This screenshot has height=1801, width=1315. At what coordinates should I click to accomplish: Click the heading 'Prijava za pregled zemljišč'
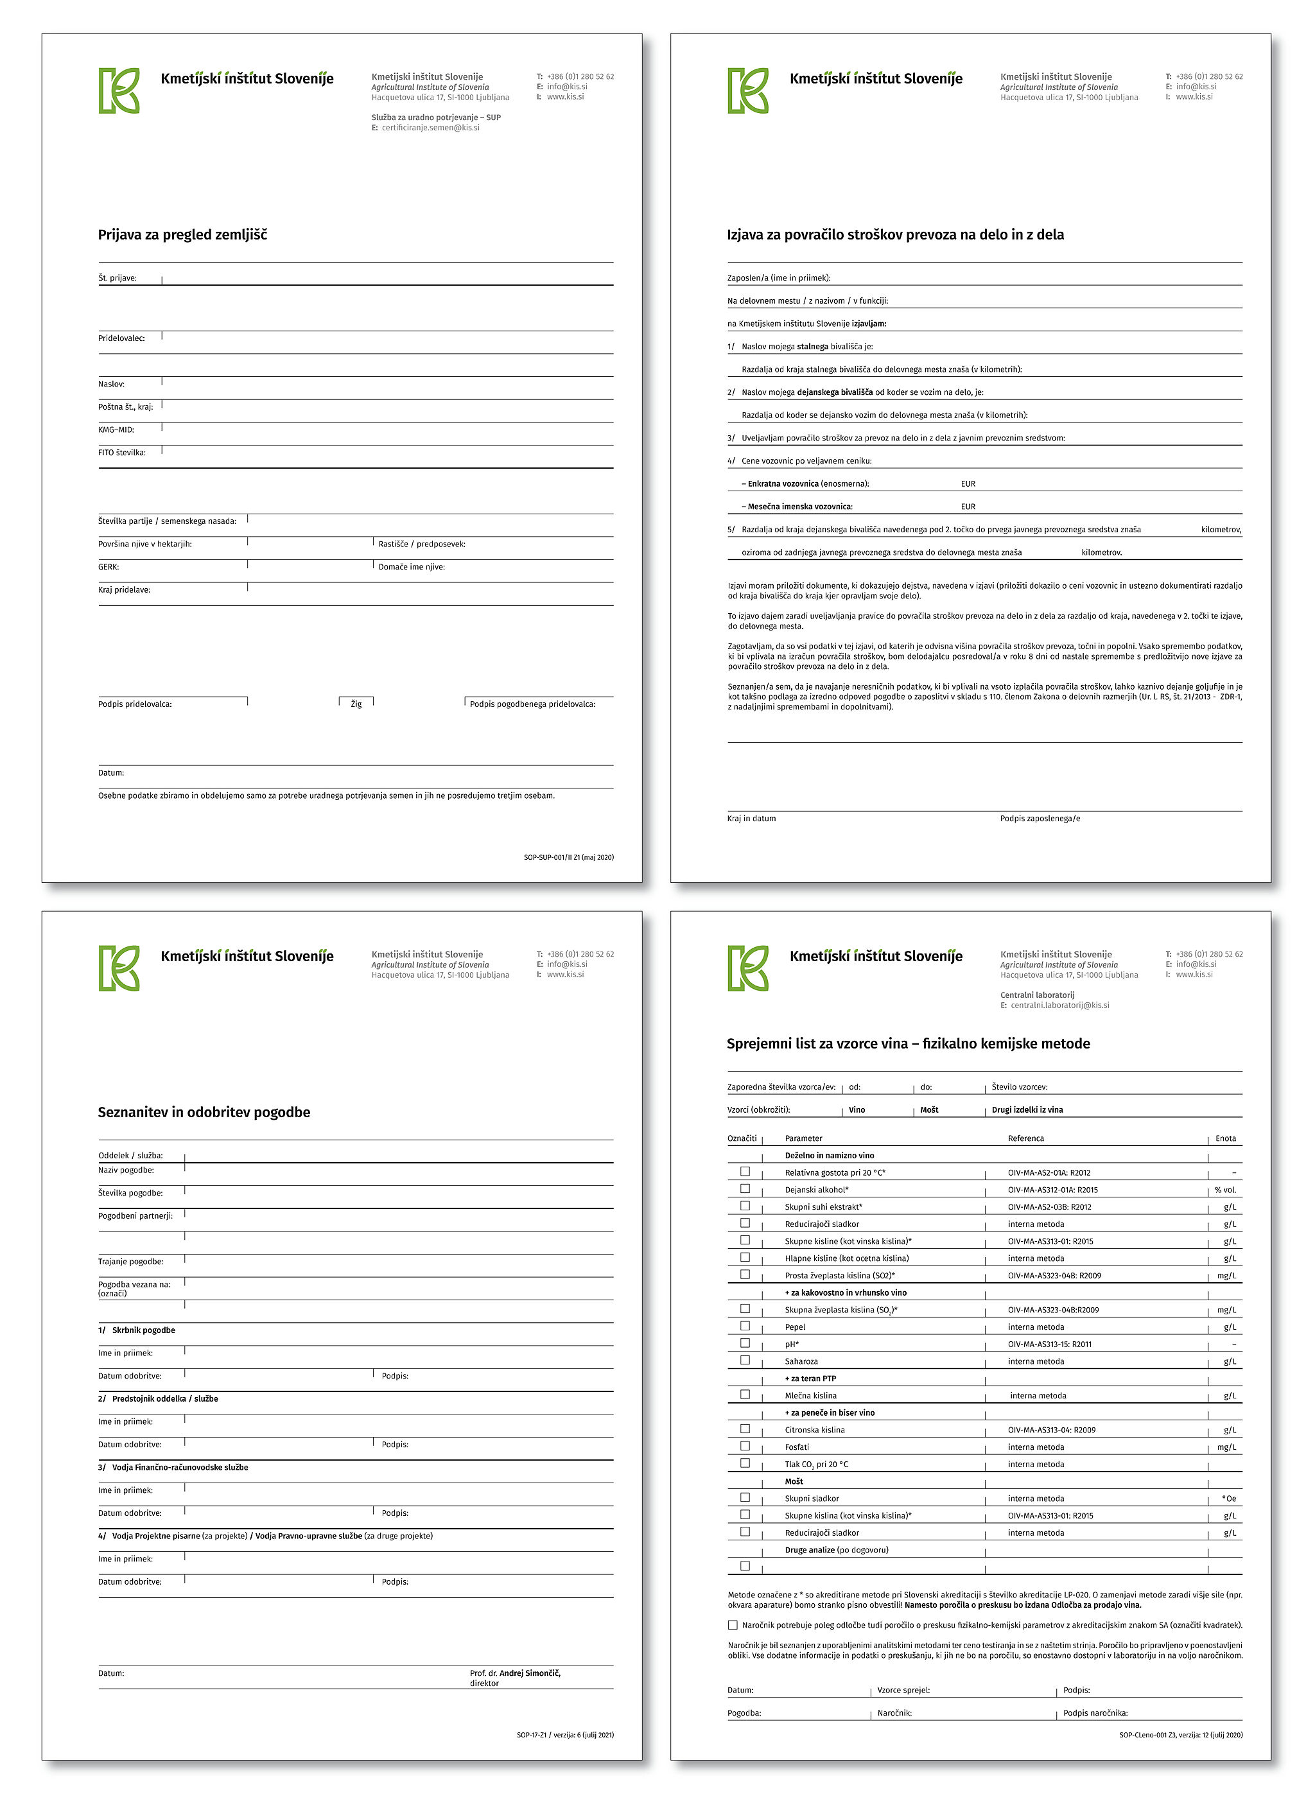pos(182,235)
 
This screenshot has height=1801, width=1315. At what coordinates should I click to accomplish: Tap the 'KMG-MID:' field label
pos(116,430)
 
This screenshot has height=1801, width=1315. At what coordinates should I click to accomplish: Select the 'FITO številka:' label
pos(122,453)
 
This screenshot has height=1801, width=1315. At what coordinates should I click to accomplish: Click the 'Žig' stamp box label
pos(356,704)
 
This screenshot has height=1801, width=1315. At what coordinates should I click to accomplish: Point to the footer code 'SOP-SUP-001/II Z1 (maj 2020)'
pos(568,857)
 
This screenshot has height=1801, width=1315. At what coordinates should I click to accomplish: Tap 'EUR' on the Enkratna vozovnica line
pos(967,484)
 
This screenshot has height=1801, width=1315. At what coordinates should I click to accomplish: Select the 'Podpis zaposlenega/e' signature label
pos(1040,818)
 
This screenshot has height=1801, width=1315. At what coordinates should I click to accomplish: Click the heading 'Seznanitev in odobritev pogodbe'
pos(204,1113)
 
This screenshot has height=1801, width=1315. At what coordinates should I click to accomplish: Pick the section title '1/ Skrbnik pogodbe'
pos(137,1330)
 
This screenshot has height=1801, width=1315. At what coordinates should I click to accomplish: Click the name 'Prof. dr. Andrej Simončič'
pos(515,1673)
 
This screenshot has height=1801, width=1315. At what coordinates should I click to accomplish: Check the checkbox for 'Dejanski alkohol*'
pos(745,1189)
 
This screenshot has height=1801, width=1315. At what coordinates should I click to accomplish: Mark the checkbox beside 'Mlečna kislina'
pos(745,1395)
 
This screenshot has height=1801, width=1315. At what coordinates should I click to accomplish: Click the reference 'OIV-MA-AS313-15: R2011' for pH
pos(1049,1344)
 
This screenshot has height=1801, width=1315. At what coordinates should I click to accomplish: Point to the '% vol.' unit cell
pos(1225,1190)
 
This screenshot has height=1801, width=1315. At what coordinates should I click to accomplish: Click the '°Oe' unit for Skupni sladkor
pos(1228,1499)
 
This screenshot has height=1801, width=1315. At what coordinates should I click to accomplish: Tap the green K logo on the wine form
pos(747,968)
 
